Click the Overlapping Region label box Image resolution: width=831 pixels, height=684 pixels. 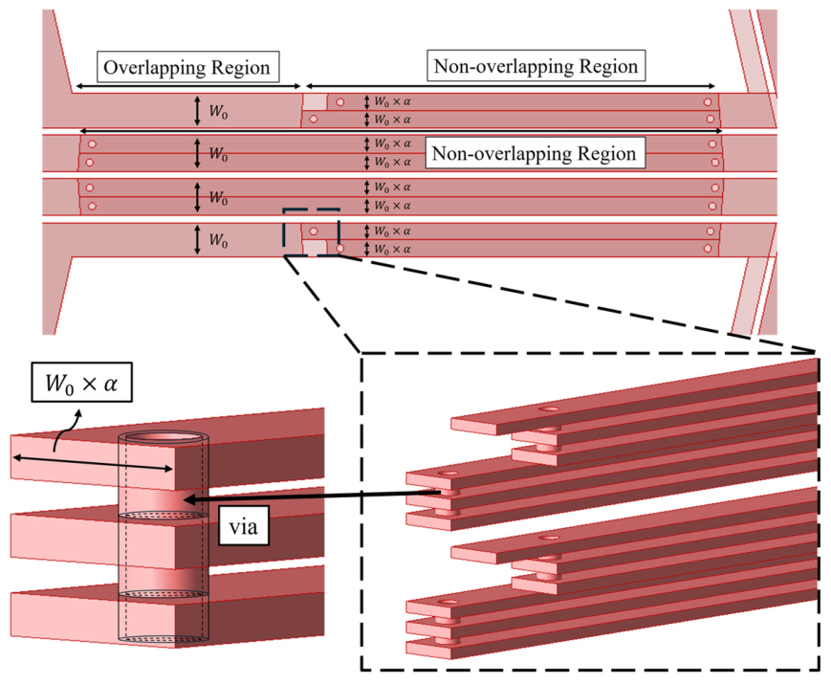pyautogui.click(x=188, y=67)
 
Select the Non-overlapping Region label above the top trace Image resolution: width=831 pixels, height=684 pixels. pyautogui.click(x=536, y=66)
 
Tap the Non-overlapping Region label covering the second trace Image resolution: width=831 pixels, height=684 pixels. pyautogui.click(x=536, y=153)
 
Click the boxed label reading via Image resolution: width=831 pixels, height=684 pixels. pyautogui.click(x=244, y=526)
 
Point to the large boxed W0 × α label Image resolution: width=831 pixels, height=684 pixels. pyautogui.click(x=81, y=383)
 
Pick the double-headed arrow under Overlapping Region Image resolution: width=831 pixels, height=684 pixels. pyautogui.click(x=188, y=86)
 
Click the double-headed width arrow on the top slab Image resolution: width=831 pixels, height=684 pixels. pyautogui.click(x=93, y=463)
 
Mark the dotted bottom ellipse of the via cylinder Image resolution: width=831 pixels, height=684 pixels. pyautogui.click(x=164, y=639)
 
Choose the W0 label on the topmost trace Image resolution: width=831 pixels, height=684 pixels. pyautogui.click(x=218, y=111)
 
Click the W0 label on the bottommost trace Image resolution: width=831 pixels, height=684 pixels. pyautogui.click(x=218, y=240)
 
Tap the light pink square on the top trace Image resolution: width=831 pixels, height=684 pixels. pyautogui.click(x=315, y=101)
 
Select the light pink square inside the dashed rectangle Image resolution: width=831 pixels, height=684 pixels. pyautogui.click(x=315, y=248)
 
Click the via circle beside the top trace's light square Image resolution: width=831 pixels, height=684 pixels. pyautogui.click(x=340, y=101)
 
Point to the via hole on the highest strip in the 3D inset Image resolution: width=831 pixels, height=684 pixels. pyautogui.click(x=551, y=408)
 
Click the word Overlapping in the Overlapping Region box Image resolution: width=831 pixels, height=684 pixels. pyautogui.click(x=149, y=68)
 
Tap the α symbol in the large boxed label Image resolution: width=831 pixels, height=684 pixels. pyautogui.click(x=110, y=384)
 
